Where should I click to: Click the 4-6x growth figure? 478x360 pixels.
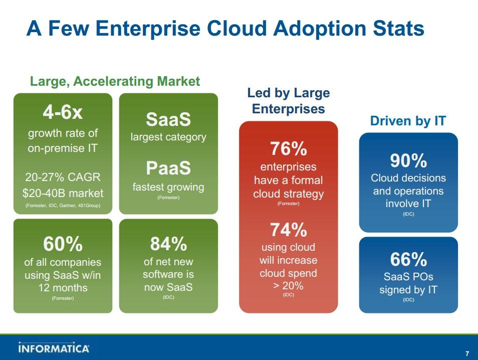(x=63, y=113)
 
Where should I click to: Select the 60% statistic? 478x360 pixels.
(x=63, y=244)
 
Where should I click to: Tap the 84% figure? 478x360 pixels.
(x=168, y=244)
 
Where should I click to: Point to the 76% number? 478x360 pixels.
(x=288, y=148)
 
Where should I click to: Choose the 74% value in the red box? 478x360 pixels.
(x=288, y=230)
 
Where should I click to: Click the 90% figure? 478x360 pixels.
(x=408, y=160)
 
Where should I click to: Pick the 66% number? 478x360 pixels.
(x=408, y=260)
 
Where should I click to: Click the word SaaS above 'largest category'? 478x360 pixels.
(x=168, y=119)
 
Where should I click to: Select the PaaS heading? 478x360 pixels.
(x=168, y=168)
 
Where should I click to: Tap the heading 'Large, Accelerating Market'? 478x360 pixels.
(x=115, y=81)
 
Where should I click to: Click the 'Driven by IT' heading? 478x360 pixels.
(x=408, y=121)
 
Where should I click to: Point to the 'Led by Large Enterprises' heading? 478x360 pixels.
(x=288, y=101)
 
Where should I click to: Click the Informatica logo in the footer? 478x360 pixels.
(x=54, y=347)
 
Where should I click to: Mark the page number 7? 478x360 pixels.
(x=467, y=352)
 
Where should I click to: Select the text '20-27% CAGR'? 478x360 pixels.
(x=63, y=177)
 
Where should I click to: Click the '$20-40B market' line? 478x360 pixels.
(x=63, y=193)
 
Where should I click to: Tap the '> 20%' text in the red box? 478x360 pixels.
(x=288, y=286)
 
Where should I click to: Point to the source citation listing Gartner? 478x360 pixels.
(x=63, y=206)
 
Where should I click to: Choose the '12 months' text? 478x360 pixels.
(x=63, y=288)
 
